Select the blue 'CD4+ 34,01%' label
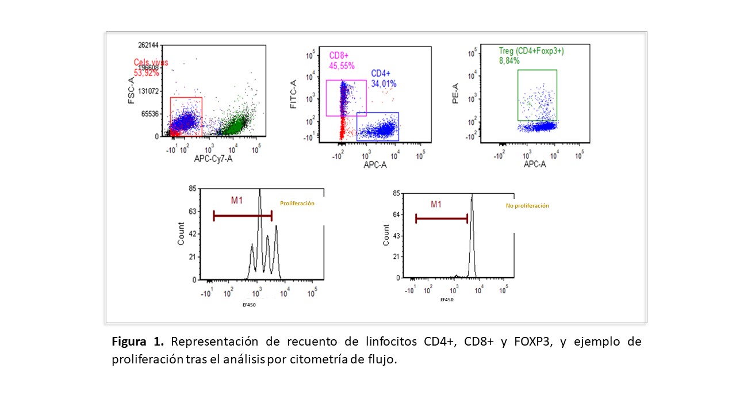[x=384, y=79]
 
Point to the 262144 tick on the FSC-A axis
[x=148, y=45]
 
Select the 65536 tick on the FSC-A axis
[x=151, y=114]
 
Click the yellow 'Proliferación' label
[x=297, y=204]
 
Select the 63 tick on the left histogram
[x=193, y=211]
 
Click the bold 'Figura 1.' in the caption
[x=138, y=342]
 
